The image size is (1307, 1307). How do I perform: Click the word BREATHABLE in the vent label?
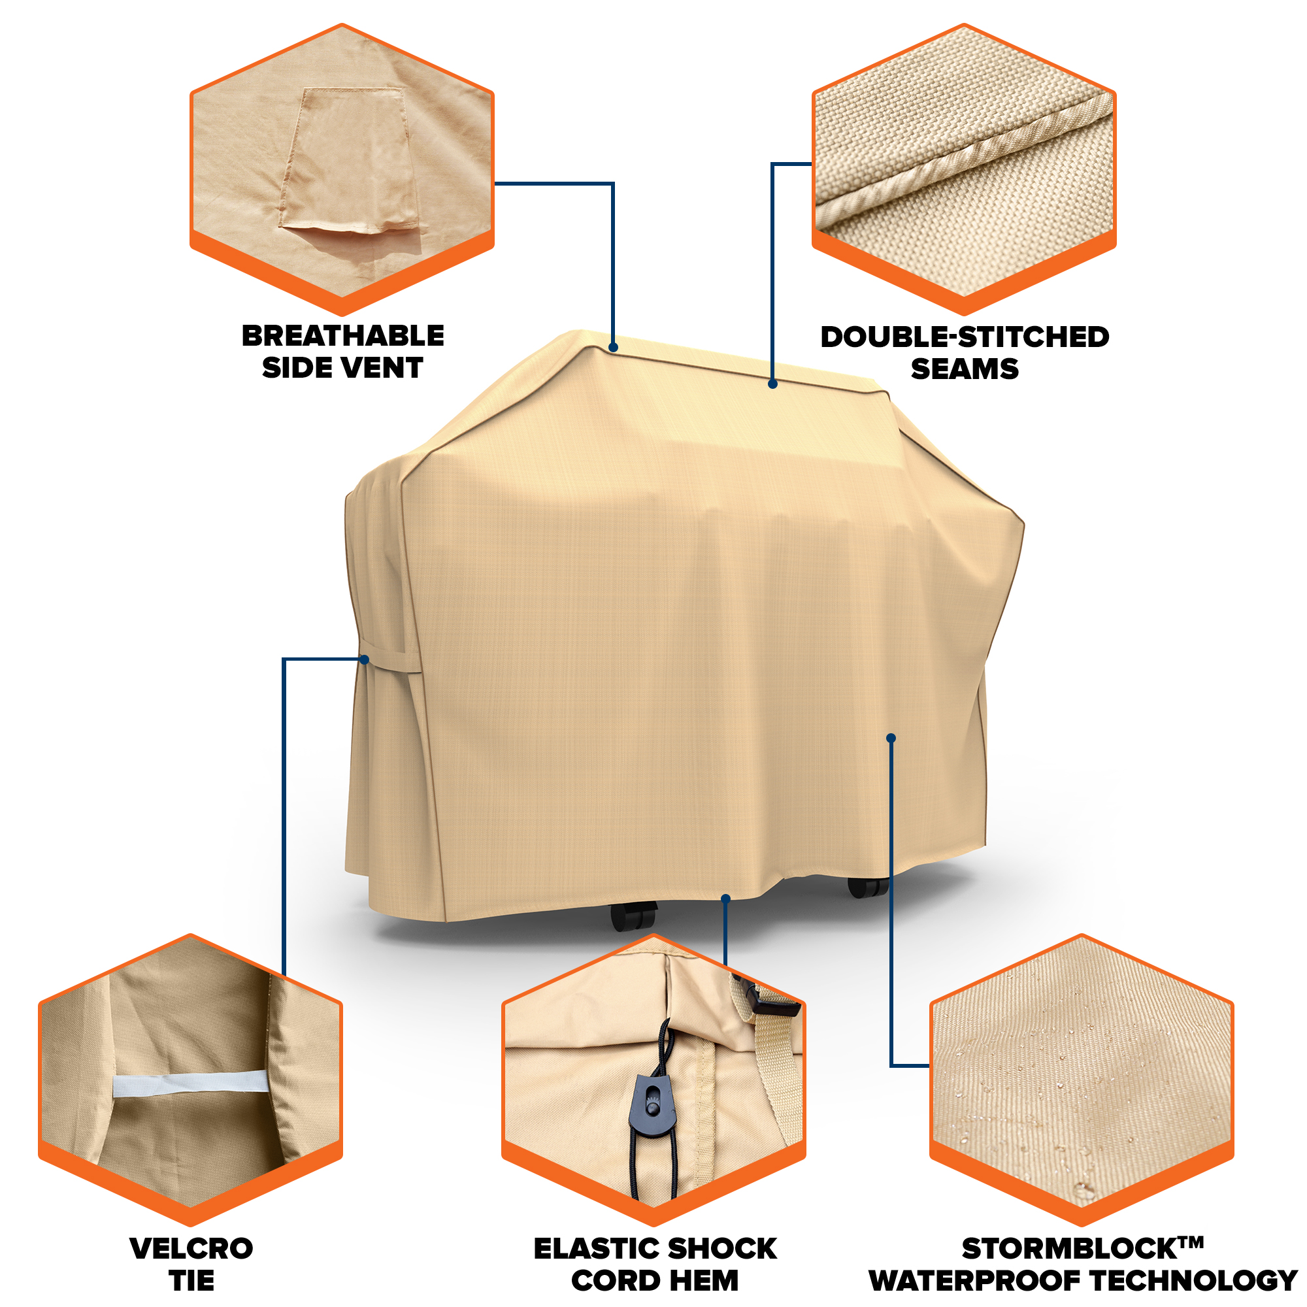(x=343, y=335)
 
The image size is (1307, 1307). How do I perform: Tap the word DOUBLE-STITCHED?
(x=965, y=337)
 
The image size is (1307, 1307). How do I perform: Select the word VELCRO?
(x=191, y=1248)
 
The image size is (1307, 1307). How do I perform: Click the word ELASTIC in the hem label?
(x=595, y=1248)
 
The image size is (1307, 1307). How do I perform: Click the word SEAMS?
(x=965, y=369)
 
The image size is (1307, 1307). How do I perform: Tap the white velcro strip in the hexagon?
(x=191, y=1083)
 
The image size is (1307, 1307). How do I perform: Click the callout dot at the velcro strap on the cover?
(x=365, y=659)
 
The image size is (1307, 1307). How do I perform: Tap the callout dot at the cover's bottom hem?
(x=726, y=899)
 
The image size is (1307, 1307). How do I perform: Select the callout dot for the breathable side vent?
(x=613, y=348)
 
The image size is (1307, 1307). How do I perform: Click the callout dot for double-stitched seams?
(x=772, y=384)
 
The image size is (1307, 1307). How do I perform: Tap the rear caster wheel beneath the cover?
(x=868, y=887)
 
